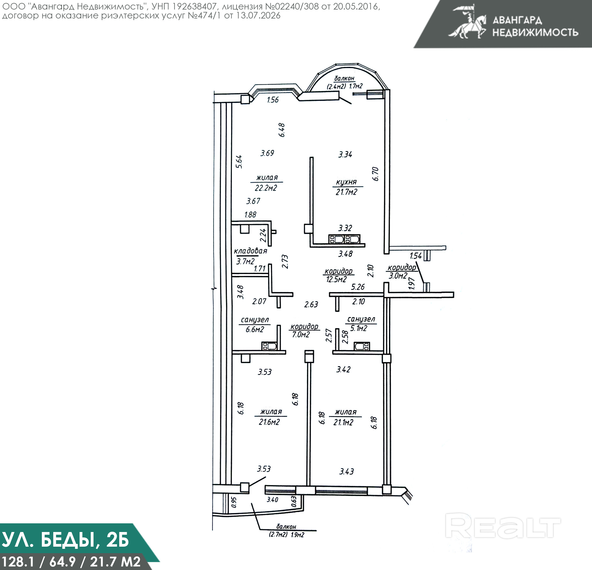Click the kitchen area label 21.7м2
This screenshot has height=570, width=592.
click(347, 192)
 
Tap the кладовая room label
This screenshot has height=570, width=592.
click(251, 251)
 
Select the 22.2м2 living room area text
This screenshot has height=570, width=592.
click(266, 188)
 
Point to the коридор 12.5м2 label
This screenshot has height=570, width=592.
click(338, 275)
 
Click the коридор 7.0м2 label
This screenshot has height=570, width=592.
click(304, 330)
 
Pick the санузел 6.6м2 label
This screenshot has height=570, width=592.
click(255, 325)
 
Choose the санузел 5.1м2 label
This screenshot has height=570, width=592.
click(361, 324)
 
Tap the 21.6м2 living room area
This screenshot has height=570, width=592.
click(269, 422)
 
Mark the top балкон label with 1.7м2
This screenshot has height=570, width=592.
click(345, 82)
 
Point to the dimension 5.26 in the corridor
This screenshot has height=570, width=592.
click(358, 287)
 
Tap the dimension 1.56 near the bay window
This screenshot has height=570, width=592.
click(273, 100)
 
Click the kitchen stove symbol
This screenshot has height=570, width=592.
click(344, 239)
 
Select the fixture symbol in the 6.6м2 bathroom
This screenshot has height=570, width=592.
click(269, 346)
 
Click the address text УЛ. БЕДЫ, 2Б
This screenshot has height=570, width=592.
click(65, 540)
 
